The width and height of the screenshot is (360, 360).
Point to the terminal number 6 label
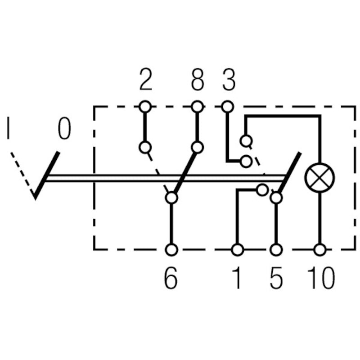171,279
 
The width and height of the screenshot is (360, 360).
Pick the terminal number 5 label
276,279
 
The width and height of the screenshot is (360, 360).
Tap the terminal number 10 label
321,279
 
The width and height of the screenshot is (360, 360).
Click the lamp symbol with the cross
319,176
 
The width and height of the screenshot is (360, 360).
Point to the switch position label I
8,128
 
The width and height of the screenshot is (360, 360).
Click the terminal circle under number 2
145,107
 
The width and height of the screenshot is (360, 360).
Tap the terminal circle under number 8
197,107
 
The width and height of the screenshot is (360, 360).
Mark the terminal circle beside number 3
228,107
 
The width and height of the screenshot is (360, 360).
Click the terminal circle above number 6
171,249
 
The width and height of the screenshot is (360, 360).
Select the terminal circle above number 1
237,249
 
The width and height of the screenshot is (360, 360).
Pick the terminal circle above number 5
276,249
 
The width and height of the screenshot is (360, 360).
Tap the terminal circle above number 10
320,249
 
